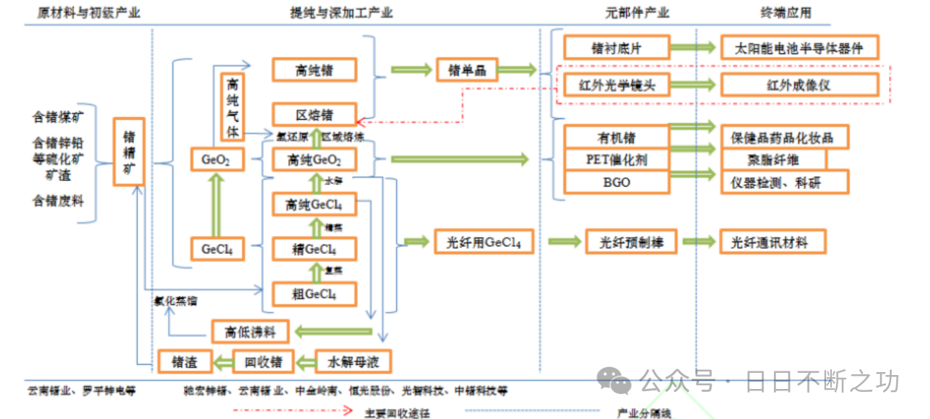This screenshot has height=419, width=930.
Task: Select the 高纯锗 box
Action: pyautogui.click(x=314, y=70)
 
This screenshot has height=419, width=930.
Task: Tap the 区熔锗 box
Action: pyautogui.click(x=314, y=114)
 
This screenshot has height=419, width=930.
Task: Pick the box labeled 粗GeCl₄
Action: pyautogui.click(x=314, y=294)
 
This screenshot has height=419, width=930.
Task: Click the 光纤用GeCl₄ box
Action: pyautogui.click(x=484, y=242)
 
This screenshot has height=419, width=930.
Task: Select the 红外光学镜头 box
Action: pyautogui.click(x=616, y=85)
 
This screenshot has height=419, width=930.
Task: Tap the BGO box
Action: pyautogui.click(x=616, y=182)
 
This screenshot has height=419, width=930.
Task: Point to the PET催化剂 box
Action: pyautogui.click(x=616, y=159)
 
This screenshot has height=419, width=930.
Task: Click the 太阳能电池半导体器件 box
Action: pyautogui.click(x=799, y=48)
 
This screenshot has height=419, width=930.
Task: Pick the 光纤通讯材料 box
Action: pyautogui.click(x=774, y=242)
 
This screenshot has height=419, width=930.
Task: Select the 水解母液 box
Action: pyautogui.click(x=353, y=361)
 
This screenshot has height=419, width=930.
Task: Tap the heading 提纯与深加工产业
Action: pyautogui.click(x=342, y=12)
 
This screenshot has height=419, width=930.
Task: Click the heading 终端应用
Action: pyautogui.click(x=786, y=12)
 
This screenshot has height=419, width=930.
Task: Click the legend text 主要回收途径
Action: pyautogui.click(x=397, y=412)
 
